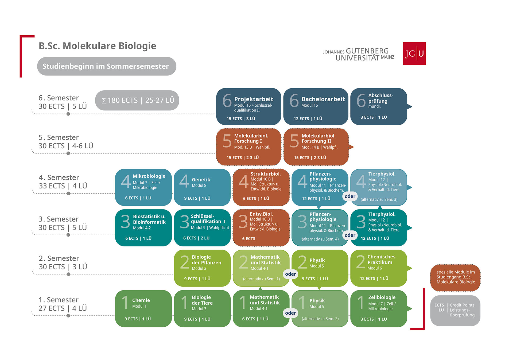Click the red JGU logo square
414,53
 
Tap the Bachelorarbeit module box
316,106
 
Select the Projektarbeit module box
248,106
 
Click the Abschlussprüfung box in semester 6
379,106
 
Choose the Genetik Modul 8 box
202,187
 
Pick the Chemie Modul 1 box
143,308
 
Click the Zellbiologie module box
379,308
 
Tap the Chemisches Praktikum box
379,268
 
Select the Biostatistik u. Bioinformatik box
143,228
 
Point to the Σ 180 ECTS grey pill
137,100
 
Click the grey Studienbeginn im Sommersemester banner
107,66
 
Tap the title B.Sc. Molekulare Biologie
98,46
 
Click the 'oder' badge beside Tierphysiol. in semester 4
350,196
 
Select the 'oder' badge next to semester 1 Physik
290,313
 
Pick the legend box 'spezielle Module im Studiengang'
455,278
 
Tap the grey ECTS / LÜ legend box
455,311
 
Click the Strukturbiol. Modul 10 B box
261,187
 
